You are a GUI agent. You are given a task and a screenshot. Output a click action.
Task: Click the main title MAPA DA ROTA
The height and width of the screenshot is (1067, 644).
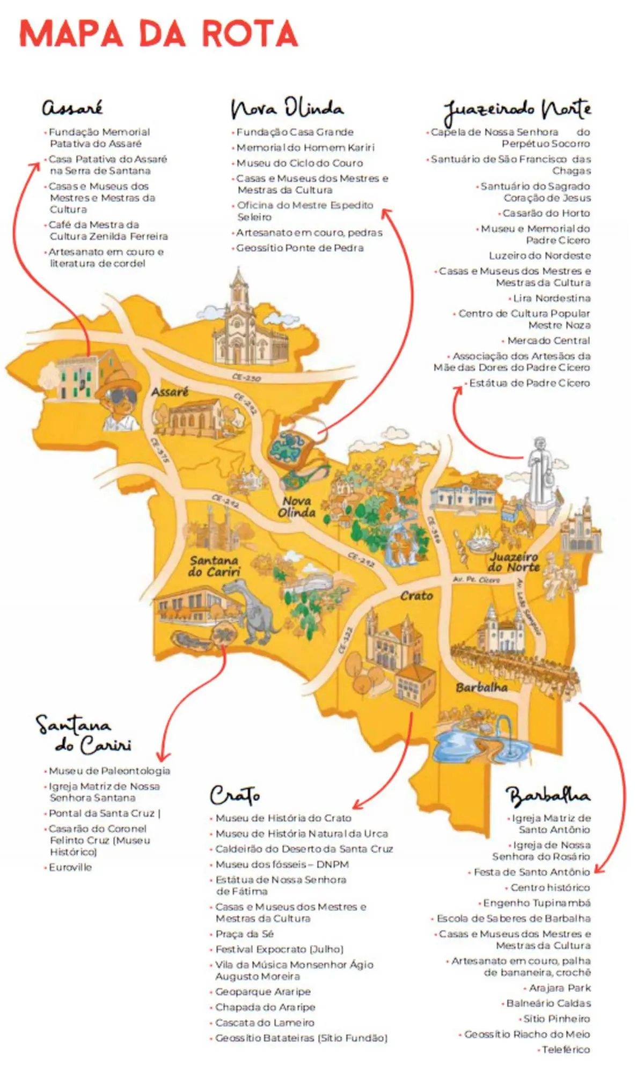pos(158,33)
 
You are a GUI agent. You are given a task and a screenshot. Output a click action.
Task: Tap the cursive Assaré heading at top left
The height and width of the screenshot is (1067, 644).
pos(72,107)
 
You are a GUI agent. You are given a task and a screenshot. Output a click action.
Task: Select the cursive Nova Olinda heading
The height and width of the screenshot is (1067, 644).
pos(287,107)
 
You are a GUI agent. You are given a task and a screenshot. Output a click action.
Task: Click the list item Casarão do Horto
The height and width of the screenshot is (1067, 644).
pos(546,213)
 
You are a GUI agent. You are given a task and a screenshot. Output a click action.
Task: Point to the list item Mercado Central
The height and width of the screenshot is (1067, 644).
pos(548,340)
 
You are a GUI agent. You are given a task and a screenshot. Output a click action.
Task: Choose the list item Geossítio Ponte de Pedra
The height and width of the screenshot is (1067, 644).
pos(299,248)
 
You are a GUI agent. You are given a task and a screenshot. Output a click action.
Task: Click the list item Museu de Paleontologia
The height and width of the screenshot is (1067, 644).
pos(109,771)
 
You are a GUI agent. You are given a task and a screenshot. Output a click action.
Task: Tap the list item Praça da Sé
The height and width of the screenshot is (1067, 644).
pos(244,934)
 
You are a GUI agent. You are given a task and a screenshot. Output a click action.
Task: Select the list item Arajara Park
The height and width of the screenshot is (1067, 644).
pos(559,988)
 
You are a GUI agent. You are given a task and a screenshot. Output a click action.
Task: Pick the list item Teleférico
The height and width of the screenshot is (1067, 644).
pos(565,1049)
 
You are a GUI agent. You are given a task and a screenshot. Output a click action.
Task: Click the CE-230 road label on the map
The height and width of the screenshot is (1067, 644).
pos(246,377)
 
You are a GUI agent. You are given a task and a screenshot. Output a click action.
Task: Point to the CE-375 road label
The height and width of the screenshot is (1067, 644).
pos(160,450)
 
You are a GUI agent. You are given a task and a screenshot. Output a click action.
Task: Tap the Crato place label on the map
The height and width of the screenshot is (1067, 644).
pos(416,596)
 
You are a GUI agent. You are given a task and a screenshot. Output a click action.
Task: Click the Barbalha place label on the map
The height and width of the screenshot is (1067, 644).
pos(481,687)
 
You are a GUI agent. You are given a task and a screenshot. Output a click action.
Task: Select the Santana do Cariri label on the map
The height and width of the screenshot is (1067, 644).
pos(214,566)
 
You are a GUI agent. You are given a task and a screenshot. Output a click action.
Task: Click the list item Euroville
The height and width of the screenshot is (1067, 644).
pos(70,867)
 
